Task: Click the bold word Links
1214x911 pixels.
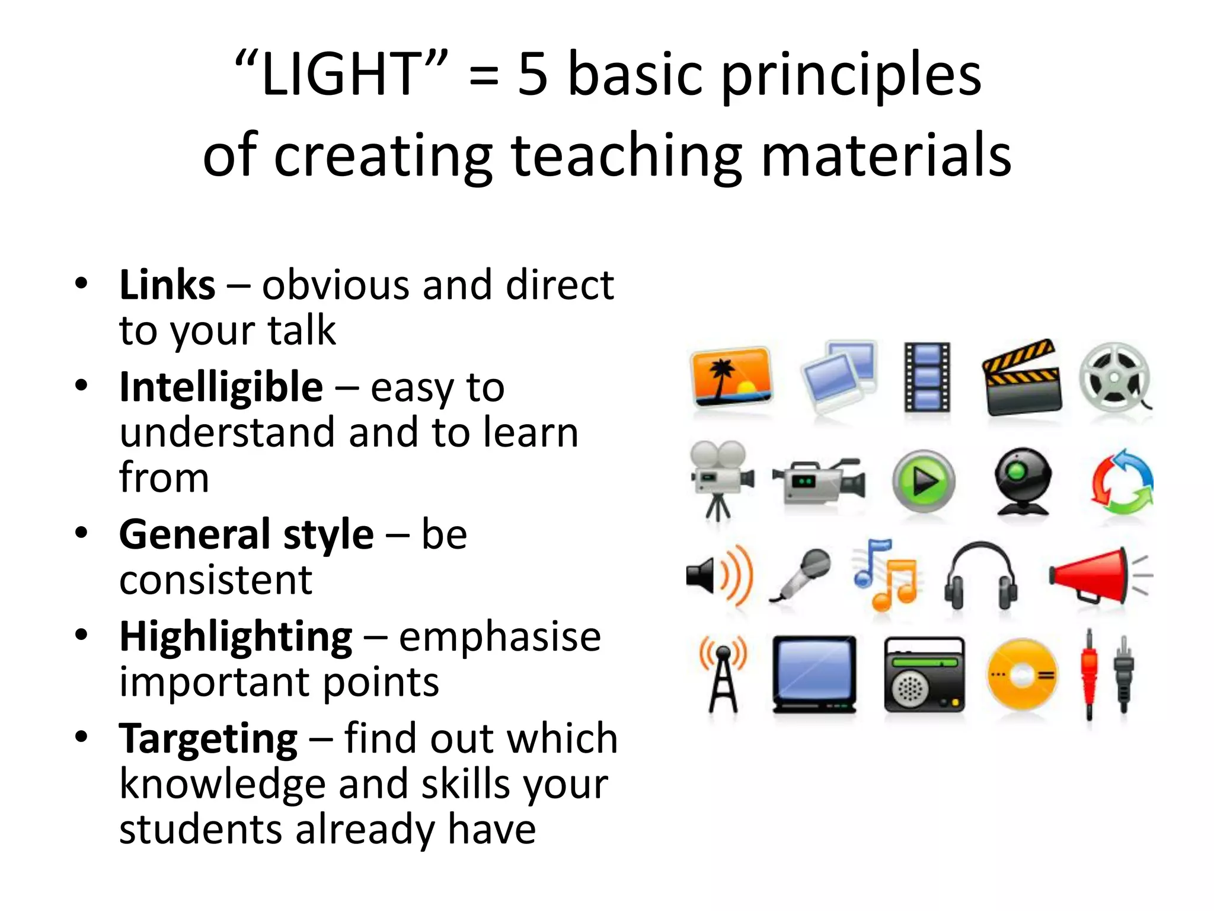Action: point(167,285)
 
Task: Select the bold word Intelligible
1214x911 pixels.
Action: point(221,387)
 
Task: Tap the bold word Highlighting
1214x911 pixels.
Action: point(236,637)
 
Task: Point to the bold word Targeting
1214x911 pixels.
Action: point(208,739)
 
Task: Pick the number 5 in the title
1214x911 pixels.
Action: point(532,75)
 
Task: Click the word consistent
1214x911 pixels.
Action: point(216,580)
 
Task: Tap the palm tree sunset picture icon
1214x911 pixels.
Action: point(732,377)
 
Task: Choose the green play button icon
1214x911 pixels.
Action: point(924,480)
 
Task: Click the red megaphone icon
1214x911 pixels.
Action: point(1094,575)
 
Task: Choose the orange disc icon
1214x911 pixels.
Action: point(1022,674)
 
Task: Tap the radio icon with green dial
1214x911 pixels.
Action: point(924,674)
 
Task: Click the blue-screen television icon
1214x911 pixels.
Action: point(815,674)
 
